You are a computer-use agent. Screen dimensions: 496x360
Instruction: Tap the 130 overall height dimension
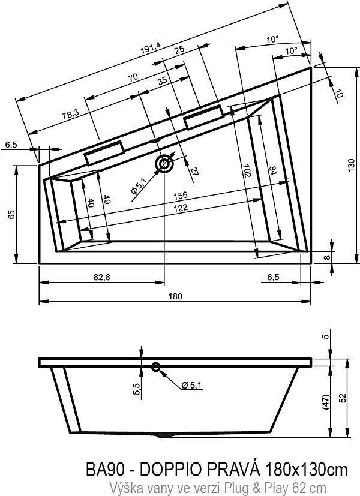tap(352, 169)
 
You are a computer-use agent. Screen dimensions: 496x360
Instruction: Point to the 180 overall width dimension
tap(175, 296)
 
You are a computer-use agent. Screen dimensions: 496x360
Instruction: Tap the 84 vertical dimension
tap(271, 173)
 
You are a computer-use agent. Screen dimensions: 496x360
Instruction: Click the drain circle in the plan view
tap(164, 163)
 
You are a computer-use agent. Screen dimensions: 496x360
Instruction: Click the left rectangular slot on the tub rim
tap(104, 154)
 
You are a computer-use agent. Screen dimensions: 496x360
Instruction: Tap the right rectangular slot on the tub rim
tap(204, 116)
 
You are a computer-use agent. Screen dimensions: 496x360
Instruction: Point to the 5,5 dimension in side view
tap(137, 389)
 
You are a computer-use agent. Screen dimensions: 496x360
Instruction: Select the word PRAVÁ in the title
tap(262, 468)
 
